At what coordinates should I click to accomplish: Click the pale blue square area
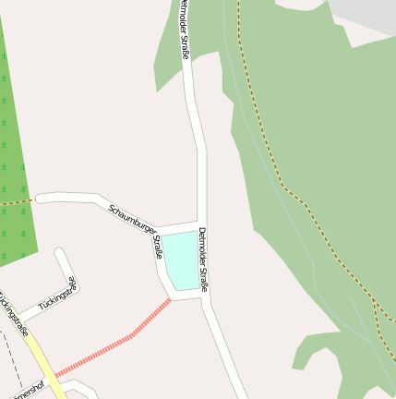(x=181, y=260)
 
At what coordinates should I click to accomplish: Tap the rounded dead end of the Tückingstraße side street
(x=60, y=252)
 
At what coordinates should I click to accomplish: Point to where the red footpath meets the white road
(x=172, y=298)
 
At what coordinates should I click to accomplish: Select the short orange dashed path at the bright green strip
(x=17, y=200)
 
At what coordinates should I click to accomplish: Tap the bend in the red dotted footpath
(x=132, y=335)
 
